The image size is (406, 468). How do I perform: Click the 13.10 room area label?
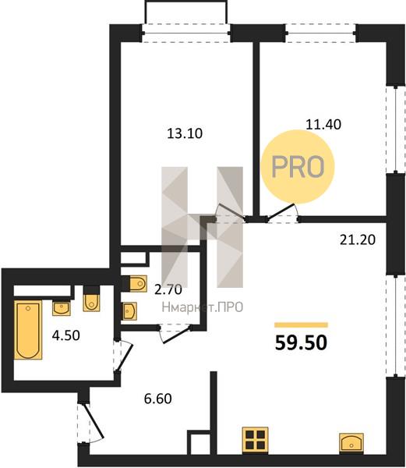(x=185, y=133)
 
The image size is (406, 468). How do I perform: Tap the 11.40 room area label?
(x=323, y=124)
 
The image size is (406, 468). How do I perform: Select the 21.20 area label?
(x=358, y=239)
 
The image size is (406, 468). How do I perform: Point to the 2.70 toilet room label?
(x=168, y=289)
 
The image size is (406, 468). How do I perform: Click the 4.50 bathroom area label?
(x=66, y=335)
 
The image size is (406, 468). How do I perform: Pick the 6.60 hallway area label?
(x=157, y=399)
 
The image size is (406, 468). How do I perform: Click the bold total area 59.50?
(x=301, y=342)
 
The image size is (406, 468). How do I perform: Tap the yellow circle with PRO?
(x=298, y=167)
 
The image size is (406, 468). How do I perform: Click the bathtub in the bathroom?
(x=28, y=330)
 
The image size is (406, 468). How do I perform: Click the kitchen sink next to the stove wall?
(x=351, y=442)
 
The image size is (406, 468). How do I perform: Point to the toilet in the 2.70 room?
(x=138, y=284)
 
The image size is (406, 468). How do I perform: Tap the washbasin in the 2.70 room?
(x=130, y=311)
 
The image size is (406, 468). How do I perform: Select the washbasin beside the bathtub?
(x=62, y=308)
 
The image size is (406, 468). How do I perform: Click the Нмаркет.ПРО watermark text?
(x=203, y=307)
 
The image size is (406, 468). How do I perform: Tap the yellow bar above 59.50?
(x=301, y=324)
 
